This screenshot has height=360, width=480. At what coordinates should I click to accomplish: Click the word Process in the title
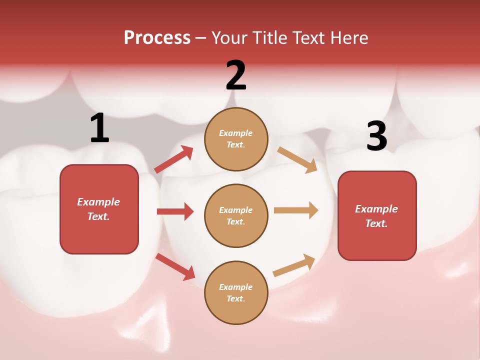157,38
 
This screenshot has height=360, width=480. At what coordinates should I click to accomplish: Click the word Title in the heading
270,38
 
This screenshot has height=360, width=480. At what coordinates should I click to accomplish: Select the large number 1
99,128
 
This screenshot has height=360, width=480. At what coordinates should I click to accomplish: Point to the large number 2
236,75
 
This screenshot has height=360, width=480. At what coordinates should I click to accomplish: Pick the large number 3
377,136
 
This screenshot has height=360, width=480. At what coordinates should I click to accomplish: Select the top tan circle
236,139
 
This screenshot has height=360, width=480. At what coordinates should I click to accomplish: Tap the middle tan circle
236,215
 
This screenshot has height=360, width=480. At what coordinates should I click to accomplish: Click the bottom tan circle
236,292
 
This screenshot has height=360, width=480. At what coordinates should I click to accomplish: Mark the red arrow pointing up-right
173,159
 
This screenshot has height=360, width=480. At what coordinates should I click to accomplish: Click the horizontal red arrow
175,211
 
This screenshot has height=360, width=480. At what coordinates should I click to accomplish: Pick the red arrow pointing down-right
175,266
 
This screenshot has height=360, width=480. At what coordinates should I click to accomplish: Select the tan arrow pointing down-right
297,159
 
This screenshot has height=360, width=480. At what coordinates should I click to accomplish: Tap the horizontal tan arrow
296,210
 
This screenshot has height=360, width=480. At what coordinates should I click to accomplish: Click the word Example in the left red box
98,202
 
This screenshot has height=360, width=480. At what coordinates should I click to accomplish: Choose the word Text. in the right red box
376,223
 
